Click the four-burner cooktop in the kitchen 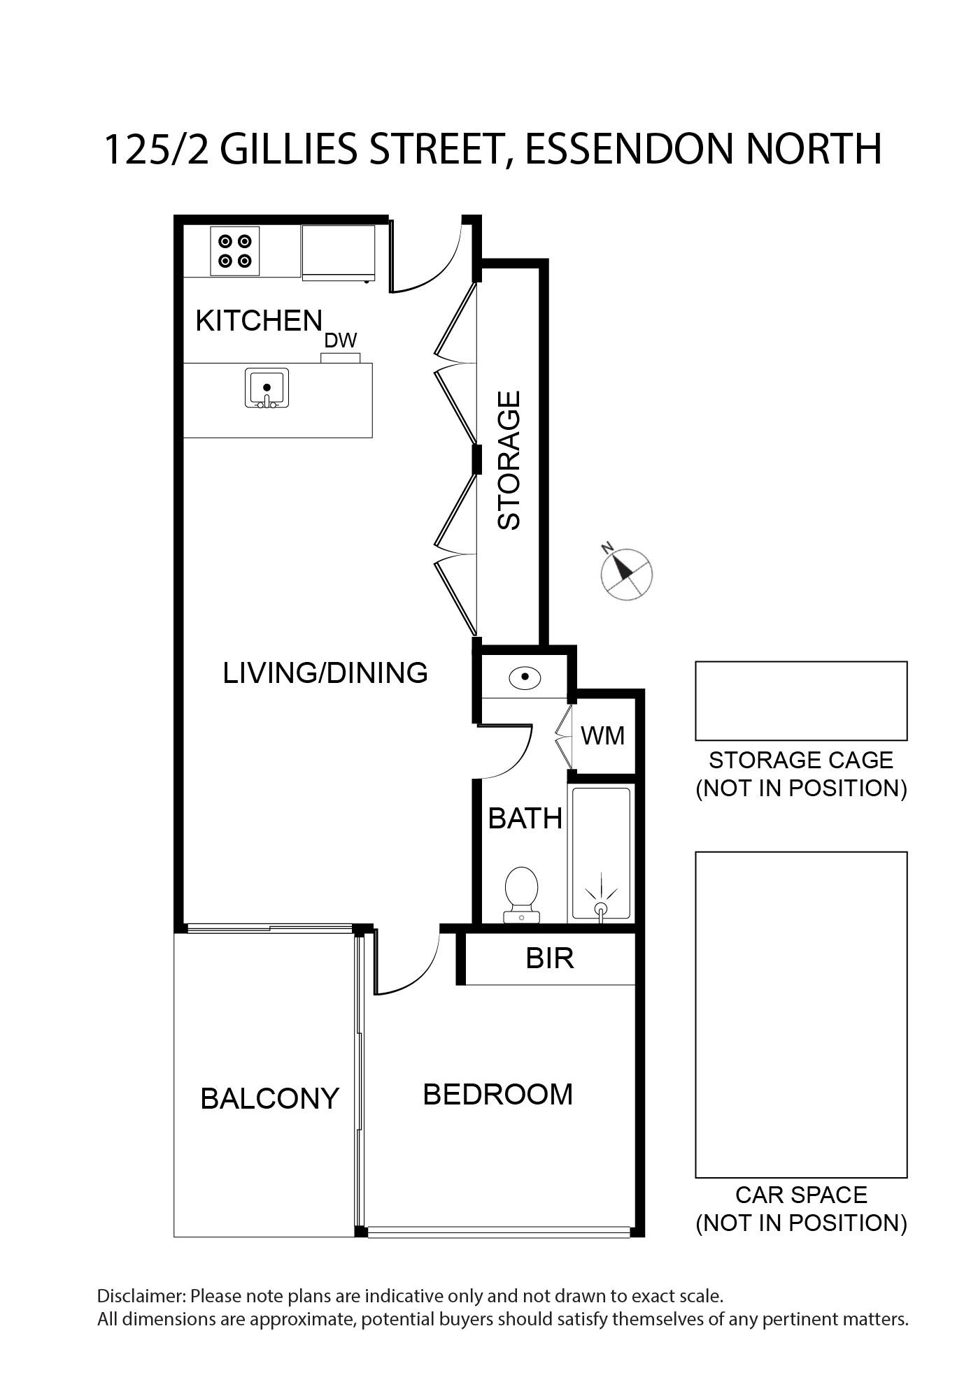235,251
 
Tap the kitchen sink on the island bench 267,388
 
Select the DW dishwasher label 341,340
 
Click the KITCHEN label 259,321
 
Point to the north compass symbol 626,573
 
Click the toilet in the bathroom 521,895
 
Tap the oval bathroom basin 525,677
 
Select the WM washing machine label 603,735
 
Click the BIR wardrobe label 550,958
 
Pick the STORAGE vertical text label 509,460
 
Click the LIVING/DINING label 325,672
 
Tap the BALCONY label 269,1098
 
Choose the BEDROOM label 498,1094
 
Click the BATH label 525,819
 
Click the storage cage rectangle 801,701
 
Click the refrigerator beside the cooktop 339,253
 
